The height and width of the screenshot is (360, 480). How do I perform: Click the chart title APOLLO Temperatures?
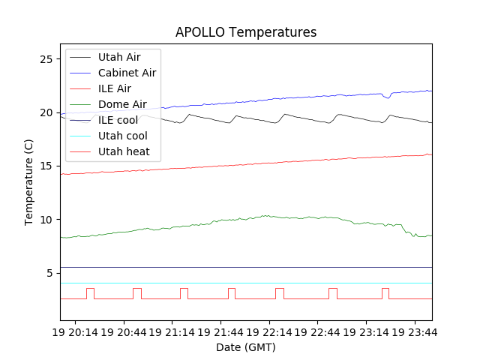[x=246, y=32]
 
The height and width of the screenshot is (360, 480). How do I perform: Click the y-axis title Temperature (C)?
[x=29, y=181]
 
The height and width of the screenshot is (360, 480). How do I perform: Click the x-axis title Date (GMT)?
[x=246, y=347]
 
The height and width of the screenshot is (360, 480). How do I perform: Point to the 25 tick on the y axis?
[x=47, y=59]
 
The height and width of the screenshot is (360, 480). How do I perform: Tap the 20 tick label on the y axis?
[x=47, y=112]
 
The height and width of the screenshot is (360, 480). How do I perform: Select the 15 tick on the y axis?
[x=47, y=166]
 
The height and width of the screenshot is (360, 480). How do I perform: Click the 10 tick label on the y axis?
[x=47, y=220]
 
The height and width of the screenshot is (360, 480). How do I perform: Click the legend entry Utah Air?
[x=118, y=57]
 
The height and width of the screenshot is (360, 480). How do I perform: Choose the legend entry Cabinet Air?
[x=127, y=73]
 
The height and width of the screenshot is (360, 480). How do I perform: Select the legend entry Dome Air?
[x=122, y=104]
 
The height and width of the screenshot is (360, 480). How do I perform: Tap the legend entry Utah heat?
[x=124, y=151]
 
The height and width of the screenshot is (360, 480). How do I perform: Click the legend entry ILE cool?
[x=118, y=120]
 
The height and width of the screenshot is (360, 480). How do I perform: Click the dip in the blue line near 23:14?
[x=387, y=97]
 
